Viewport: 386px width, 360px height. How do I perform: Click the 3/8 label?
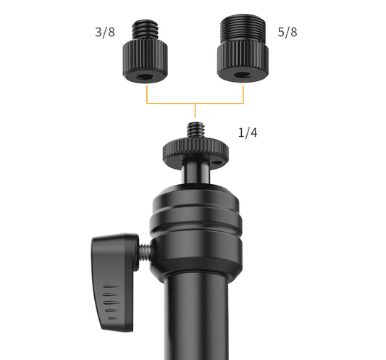pos(105,33)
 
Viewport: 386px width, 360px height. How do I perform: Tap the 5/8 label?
pos(288,33)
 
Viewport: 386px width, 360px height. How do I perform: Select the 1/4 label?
pos(248,133)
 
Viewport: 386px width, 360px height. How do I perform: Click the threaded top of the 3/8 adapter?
pos(145,30)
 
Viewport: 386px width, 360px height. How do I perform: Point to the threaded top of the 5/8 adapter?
pos(243,28)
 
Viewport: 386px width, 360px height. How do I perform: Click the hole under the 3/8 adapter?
pos(145,77)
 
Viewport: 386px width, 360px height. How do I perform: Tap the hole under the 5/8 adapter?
pos(242,75)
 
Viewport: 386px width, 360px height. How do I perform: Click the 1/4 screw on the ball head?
pos(196,131)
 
